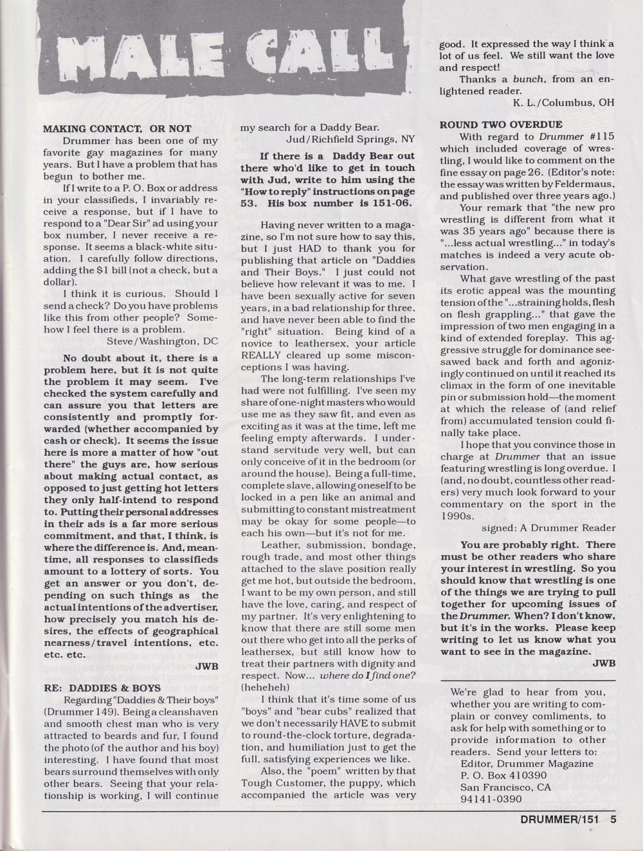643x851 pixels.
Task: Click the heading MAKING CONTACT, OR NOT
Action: click(x=117, y=129)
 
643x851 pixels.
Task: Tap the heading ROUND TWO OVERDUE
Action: click(x=501, y=124)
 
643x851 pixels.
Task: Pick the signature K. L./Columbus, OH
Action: click(x=563, y=102)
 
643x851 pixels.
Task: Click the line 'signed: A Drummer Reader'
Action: click(x=548, y=528)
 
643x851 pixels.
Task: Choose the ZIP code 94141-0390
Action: click(x=491, y=800)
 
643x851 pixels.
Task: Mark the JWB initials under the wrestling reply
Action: click(x=604, y=663)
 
